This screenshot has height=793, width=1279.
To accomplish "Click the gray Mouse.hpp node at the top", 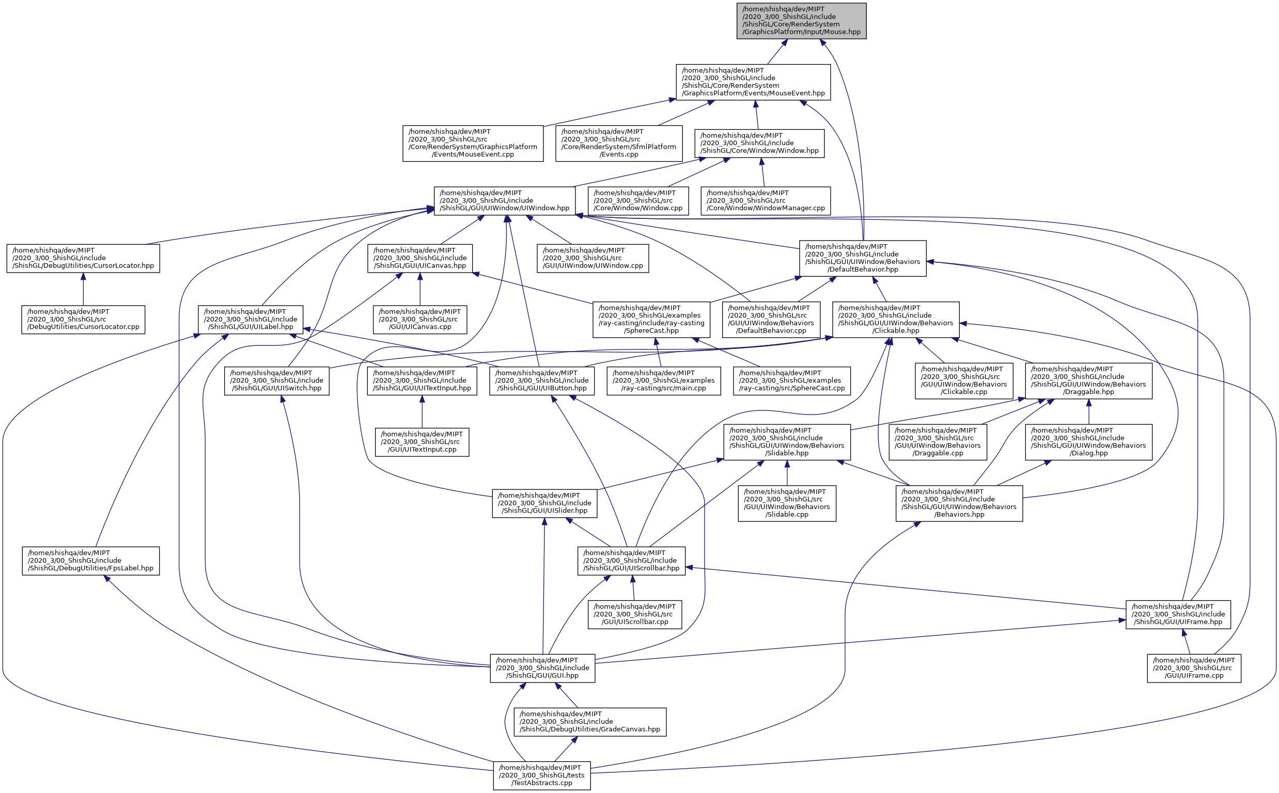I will click(x=801, y=21).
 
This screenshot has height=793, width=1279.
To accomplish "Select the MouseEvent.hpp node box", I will click(x=753, y=82).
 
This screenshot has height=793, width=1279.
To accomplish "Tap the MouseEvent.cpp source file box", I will click(x=473, y=143).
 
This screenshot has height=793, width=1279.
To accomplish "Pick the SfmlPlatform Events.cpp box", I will click(x=618, y=143).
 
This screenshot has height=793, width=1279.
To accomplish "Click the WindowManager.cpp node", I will click(x=766, y=201).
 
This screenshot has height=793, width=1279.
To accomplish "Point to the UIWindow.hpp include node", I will click(x=504, y=201).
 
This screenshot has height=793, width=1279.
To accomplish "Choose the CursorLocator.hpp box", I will click(x=83, y=258).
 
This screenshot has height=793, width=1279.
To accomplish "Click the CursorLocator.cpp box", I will click(x=83, y=320).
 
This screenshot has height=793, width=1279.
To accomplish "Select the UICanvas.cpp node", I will click(x=419, y=320).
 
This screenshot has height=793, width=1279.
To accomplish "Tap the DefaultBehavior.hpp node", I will click(x=863, y=259).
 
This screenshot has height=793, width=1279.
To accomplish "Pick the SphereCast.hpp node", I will click(x=651, y=320).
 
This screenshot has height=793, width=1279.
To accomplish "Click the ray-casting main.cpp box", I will click(x=663, y=381).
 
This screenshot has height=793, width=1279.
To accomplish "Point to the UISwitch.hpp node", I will click(x=276, y=381).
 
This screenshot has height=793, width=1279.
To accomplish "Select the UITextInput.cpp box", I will click(x=422, y=442).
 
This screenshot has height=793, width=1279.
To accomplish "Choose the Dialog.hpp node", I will click(x=1088, y=442).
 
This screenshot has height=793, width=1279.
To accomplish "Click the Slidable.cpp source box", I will click(x=786, y=503).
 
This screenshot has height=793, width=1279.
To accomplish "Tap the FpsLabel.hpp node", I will click(x=91, y=561).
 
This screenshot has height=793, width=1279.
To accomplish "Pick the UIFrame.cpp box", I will click(x=1193, y=668).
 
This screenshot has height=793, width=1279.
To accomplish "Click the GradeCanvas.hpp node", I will click(x=590, y=722).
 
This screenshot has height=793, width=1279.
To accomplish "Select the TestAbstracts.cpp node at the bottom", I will click(x=541, y=775).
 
